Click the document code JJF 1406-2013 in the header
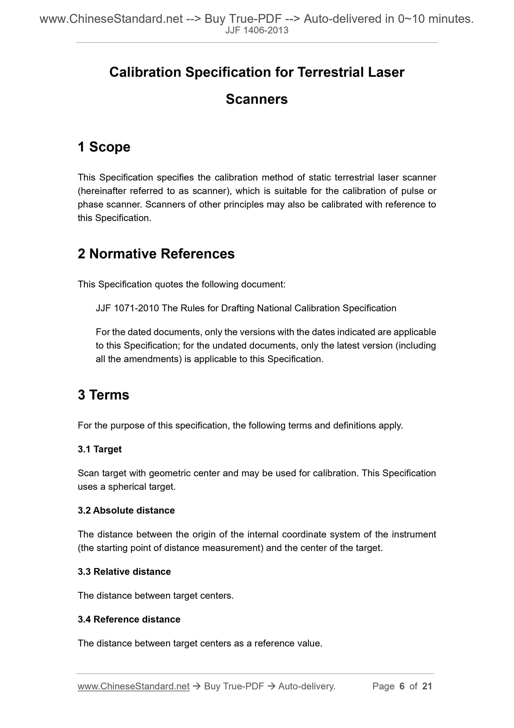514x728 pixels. (256, 30)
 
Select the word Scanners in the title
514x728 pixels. (256, 99)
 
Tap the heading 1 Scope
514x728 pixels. (104, 147)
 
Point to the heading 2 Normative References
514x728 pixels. (156, 254)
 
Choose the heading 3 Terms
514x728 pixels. (104, 395)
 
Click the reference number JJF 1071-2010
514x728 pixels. (127, 308)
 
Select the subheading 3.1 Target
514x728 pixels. (100, 449)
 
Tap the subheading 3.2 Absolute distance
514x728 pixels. (126, 510)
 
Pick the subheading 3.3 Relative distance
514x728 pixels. (124, 571)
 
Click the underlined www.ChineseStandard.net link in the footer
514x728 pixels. (133, 686)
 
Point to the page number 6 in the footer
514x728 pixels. (402, 686)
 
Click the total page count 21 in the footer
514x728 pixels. (427, 686)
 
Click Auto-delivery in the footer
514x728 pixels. (307, 686)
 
